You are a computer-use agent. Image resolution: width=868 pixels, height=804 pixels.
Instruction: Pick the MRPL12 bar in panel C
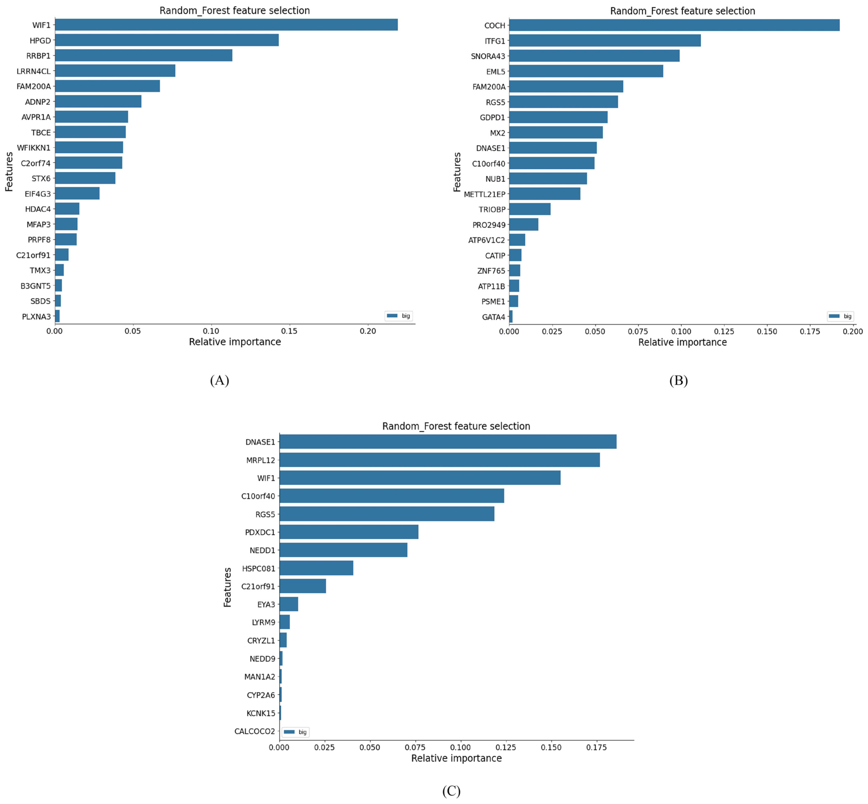[x=439, y=460]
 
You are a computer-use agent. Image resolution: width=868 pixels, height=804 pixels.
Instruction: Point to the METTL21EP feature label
[x=484, y=194]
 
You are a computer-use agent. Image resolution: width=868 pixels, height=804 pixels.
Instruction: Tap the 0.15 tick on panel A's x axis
[x=289, y=331]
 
